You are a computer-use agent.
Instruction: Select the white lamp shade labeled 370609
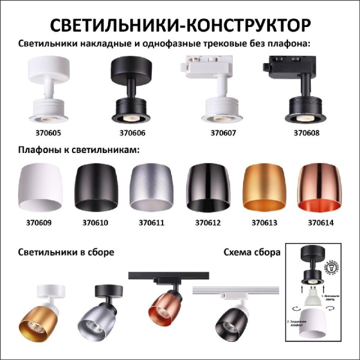pos(41,190)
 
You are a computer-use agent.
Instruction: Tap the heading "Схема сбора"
pos(251,252)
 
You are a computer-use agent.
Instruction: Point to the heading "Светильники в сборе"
pos(66,252)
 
